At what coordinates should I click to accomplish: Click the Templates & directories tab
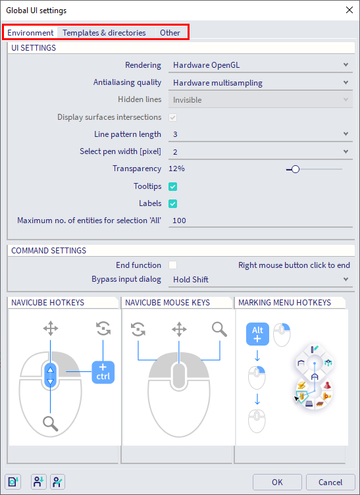(x=104, y=32)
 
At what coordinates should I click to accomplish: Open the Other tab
(x=170, y=32)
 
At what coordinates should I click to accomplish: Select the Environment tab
(x=31, y=32)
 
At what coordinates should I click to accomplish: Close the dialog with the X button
(x=348, y=10)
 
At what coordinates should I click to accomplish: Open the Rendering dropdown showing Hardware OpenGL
(x=261, y=65)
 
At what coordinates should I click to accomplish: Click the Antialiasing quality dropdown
(x=261, y=83)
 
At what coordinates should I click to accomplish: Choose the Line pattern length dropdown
(x=261, y=134)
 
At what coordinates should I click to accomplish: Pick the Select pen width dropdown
(x=261, y=151)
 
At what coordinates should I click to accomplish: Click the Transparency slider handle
(x=296, y=169)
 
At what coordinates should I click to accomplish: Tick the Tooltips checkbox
(x=173, y=186)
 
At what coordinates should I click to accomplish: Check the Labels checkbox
(x=173, y=203)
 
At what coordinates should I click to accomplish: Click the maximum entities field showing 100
(x=261, y=221)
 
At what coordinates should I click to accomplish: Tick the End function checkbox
(x=173, y=265)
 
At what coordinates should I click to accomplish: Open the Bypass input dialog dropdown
(x=261, y=280)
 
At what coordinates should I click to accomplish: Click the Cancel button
(x=330, y=482)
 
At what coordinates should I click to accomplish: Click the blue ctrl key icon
(x=103, y=372)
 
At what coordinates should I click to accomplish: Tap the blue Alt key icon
(x=258, y=334)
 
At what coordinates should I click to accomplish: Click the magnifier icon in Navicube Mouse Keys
(x=219, y=328)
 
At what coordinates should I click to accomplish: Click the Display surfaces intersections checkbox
(x=173, y=117)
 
